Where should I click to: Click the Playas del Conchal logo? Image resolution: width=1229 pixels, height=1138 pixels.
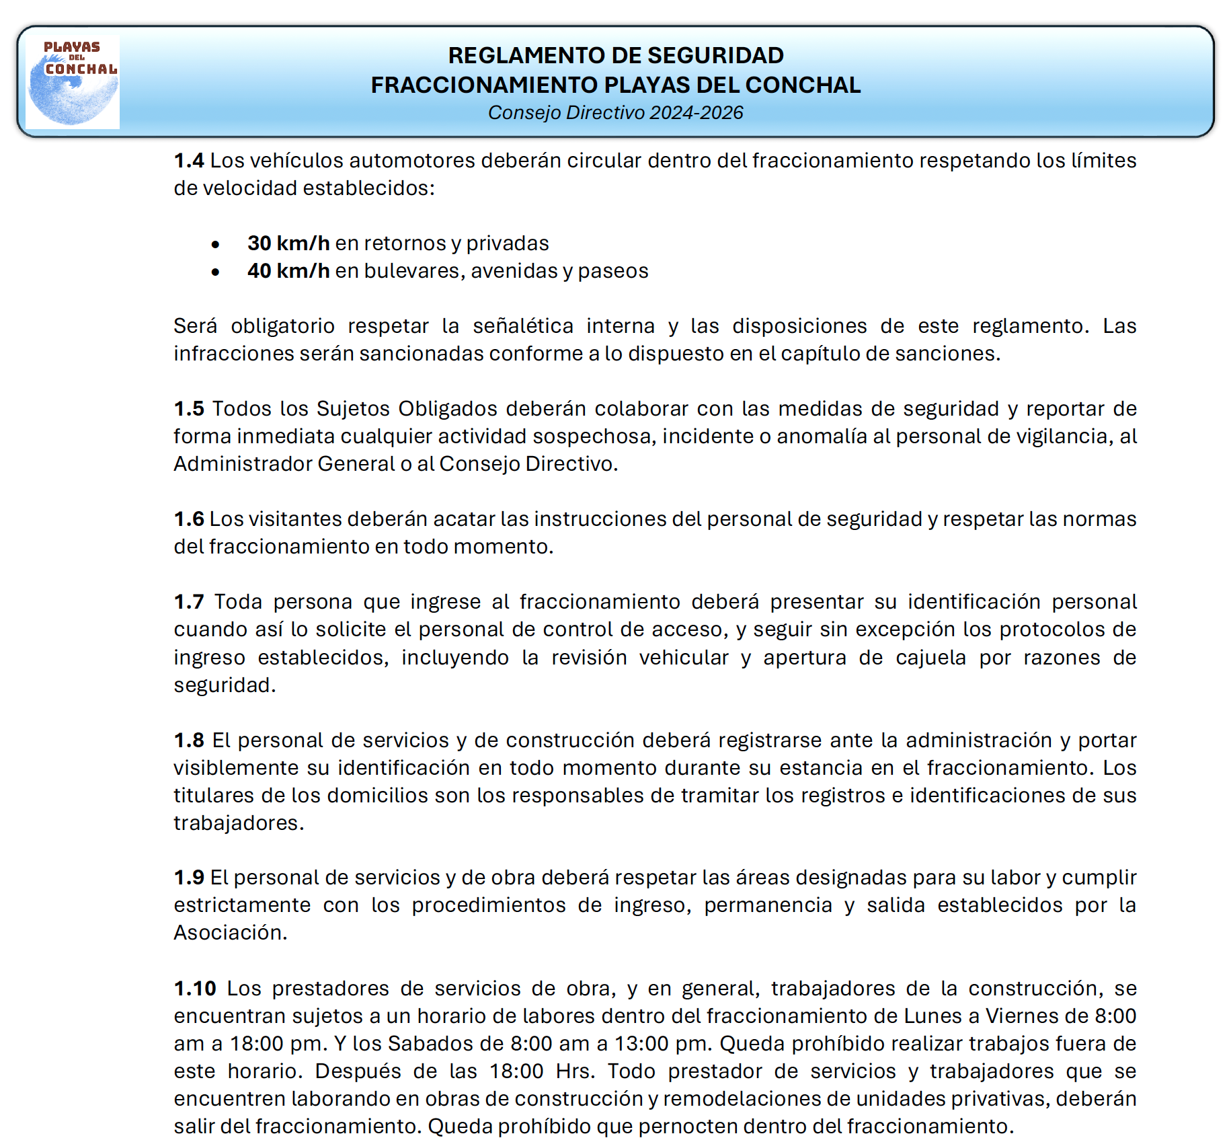pyautogui.click(x=73, y=82)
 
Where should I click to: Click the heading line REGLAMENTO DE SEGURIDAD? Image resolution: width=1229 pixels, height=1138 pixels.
pyautogui.click(x=615, y=55)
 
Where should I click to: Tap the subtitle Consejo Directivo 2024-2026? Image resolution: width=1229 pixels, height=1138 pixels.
pyautogui.click(x=615, y=112)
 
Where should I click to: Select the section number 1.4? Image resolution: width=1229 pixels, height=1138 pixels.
pyautogui.click(x=188, y=161)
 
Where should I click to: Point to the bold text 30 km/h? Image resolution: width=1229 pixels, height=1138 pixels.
pyautogui.click(x=288, y=243)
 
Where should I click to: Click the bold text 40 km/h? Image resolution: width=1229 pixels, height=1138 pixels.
pyautogui.click(x=288, y=270)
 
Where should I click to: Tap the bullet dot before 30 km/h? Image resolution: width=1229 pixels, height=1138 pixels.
pyautogui.click(x=215, y=245)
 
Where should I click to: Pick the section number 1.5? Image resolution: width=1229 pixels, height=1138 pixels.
pyautogui.click(x=188, y=409)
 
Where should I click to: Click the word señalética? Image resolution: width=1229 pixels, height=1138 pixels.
pyautogui.click(x=523, y=326)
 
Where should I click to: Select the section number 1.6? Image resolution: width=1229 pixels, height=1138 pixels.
pyautogui.click(x=188, y=519)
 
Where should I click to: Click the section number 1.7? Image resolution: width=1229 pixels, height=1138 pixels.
pyautogui.click(x=188, y=602)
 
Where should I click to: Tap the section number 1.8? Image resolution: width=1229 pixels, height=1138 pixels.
pyautogui.click(x=188, y=741)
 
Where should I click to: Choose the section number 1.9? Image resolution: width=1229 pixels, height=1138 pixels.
pyautogui.click(x=188, y=878)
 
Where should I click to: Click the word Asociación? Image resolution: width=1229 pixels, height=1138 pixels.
pyautogui.click(x=230, y=933)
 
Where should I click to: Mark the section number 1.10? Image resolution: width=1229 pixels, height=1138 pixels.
pyautogui.click(x=195, y=989)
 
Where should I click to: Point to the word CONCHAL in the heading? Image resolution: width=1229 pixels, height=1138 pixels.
pyautogui.click(x=803, y=85)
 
